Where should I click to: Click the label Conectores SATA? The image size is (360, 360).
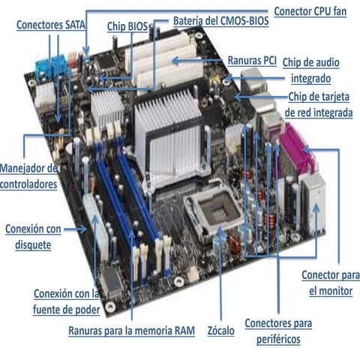coord(51,25)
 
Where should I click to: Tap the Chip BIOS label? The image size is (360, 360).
coord(127,25)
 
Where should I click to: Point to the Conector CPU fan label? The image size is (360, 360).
coord(309,10)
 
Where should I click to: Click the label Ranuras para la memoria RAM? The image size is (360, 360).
coord(131,331)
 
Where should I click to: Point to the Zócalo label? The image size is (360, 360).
coord(220,331)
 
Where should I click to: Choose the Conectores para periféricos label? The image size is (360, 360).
coord(278,331)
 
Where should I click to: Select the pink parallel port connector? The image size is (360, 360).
coord(297,150)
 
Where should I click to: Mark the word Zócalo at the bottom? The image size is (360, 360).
coord(220,331)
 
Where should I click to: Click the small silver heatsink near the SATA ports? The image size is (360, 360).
coord(107,107)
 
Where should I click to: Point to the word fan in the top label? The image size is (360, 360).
coord(337,10)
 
